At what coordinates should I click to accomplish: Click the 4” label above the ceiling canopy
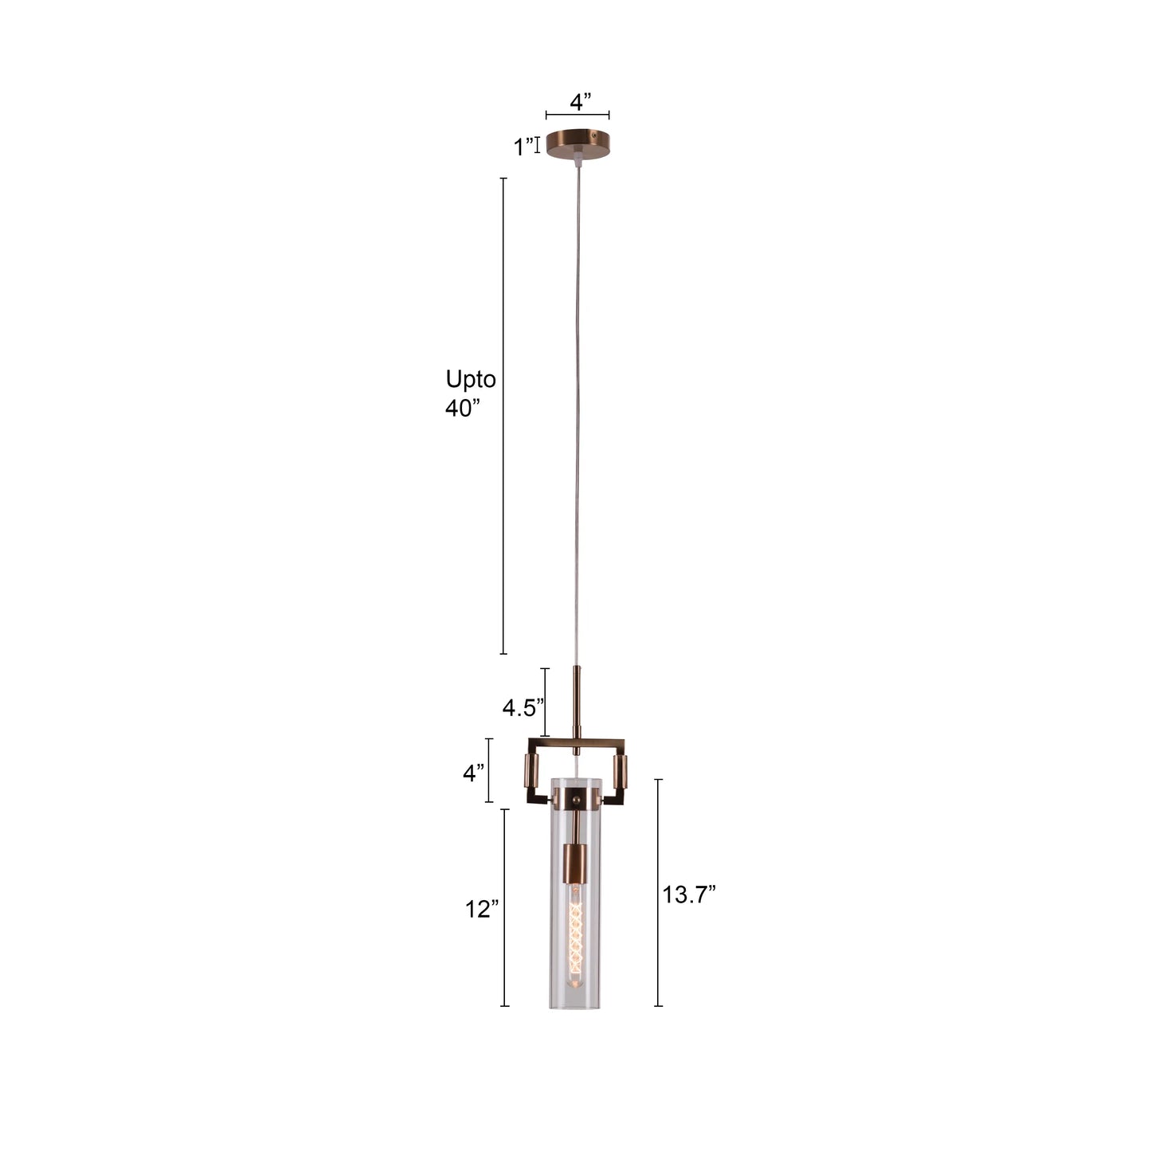pyautogui.click(x=581, y=101)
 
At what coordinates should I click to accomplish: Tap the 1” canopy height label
pyautogui.click(x=523, y=147)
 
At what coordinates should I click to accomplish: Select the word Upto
pyautogui.click(x=470, y=379)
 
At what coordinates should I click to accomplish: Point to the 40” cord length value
pyautogui.click(x=463, y=409)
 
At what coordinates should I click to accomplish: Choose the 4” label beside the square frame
pyautogui.click(x=474, y=772)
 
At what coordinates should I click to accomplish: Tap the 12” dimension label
pyautogui.click(x=482, y=909)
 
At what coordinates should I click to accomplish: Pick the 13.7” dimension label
pyautogui.click(x=689, y=895)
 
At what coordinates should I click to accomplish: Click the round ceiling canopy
pyautogui.click(x=578, y=143)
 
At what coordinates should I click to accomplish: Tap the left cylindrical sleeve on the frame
pyautogui.click(x=531, y=772)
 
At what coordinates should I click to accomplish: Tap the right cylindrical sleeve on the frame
pyautogui.click(x=620, y=770)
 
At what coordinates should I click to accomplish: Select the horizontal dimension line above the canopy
pyautogui.click(x=577, y=116)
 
